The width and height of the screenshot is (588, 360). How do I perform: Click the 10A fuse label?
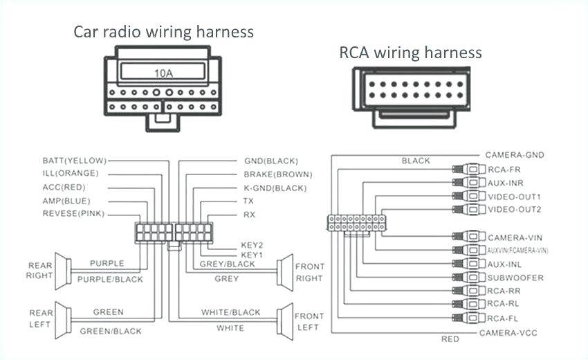tap(163, 72)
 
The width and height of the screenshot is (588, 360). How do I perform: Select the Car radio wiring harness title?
tap(164, 32)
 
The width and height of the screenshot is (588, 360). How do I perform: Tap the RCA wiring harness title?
tap(410, 53)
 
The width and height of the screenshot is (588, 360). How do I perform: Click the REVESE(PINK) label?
tap(73, 214)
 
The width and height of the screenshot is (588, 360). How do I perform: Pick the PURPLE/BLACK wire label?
tap(111, 280)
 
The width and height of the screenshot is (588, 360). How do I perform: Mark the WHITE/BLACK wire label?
tap(231, 313)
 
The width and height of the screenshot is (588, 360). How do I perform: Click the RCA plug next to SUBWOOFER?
tap(470, 278)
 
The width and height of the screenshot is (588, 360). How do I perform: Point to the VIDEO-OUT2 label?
tap(515, 209)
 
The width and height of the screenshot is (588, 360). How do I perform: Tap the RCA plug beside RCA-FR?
tap(470, 169)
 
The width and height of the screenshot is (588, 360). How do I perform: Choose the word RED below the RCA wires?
tap(450, 340)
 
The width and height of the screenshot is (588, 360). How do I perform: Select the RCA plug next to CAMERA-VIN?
tap(470, 237)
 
